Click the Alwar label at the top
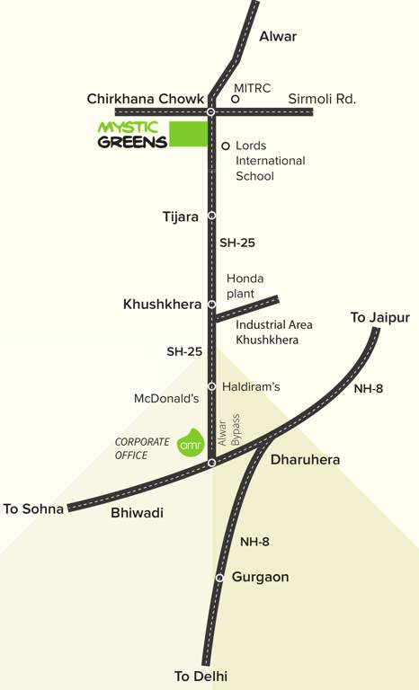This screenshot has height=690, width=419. pyautogui.click(x=277, y=37)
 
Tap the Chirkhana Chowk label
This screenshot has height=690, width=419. pyautogui.click(x=143, y=99)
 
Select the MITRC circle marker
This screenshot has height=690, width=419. pyautogui.click(x=235, y=101)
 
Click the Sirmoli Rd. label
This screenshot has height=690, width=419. pyautogui.click(x=322, y=99)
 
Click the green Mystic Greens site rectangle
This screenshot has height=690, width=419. pyautogui.click(x=186, y=134)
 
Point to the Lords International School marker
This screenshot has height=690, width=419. pyautogui.click(x=225, y=145)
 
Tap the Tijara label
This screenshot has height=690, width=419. pyautogui.click(x=180, y=216)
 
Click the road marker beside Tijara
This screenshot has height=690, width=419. pyautogui.click(x=211, y=216)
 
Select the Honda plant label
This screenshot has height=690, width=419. pyautogui.click(x=245, y=286)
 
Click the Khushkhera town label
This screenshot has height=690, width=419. pyautogui.click(x=162, y=305)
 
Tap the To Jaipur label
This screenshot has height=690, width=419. pyautogui.click(x=379, y=318)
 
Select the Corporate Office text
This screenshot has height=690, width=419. pyautogui.click(x=142, y=448)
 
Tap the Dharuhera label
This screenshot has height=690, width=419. pyautogui.click(x=305, y=460)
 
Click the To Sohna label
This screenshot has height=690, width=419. pyautogui.click(x=34, y=509)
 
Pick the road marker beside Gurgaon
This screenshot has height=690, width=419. pyautogui.click(x=218, y=578)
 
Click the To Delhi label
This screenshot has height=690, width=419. pyautogui.click(x=201, y=676)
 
